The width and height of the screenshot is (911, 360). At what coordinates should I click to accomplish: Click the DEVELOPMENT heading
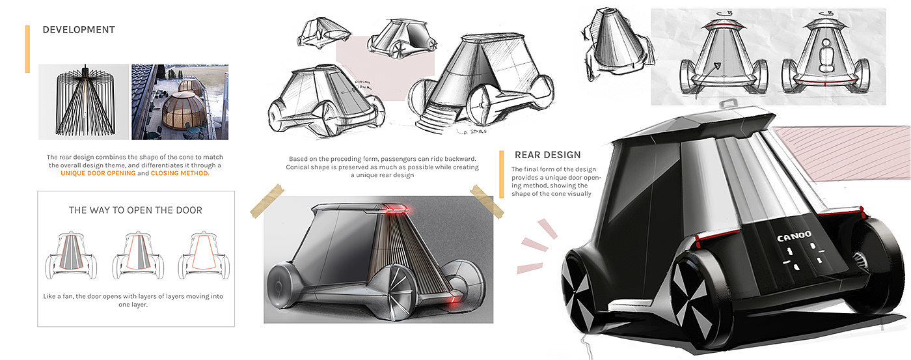(78, 30)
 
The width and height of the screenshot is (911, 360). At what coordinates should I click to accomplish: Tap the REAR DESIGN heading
(547, 155)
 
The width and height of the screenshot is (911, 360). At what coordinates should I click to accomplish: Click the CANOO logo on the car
(795, 238)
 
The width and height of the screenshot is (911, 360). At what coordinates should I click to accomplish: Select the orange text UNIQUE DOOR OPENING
(98, 174)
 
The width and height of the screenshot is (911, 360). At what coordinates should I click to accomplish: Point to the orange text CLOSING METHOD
(180, 174)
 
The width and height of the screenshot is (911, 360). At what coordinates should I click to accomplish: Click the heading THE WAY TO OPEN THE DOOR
(135, 210)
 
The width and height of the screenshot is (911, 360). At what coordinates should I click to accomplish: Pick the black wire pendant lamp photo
(83, 102)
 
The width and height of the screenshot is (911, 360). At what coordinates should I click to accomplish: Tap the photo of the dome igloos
(180, 102)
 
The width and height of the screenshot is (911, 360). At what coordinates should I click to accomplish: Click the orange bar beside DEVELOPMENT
(27, 49)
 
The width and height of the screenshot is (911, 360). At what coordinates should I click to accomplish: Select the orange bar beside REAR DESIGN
(502, 174)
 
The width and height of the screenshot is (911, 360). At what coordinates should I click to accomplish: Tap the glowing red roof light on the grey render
(396, 210)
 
